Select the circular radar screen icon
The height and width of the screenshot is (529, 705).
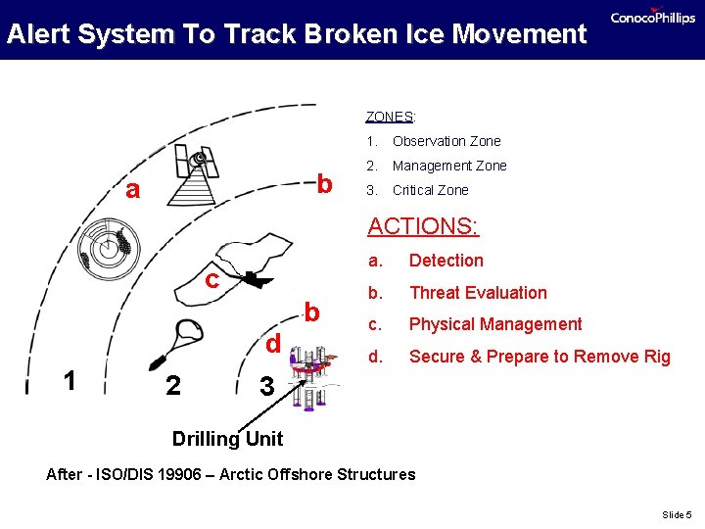(105, 246)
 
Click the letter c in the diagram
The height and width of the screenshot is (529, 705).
(211, 280)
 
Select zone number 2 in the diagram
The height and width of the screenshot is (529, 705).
(172, 386)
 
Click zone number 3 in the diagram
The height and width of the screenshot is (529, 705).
(266, 387)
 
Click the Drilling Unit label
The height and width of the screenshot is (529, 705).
(227, 439)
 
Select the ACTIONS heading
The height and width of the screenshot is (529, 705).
(423, 226)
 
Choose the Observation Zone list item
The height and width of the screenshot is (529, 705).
(446, 141)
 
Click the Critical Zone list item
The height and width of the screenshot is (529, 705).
(430, 190)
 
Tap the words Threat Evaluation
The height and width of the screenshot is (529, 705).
(478, 293)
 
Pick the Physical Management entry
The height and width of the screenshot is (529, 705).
(494, 324)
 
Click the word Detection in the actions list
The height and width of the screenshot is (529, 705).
(446, 261)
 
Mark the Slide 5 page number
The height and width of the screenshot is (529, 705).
(676, 514)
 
